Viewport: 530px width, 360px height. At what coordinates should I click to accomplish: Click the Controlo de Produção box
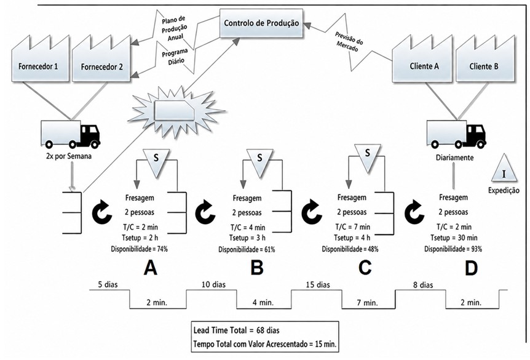pos(261,23)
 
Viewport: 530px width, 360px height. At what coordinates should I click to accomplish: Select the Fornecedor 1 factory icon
pos(40,58)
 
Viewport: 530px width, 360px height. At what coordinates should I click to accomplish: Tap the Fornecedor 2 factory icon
pos(101,58)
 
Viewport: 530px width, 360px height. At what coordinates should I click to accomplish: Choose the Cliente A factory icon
pos(422,58)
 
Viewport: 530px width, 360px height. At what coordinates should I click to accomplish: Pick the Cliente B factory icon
pos(485,58)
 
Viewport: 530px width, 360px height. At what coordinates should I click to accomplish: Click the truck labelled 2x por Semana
pos(71,134)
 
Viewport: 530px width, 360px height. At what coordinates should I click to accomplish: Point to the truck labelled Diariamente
pos(457,134)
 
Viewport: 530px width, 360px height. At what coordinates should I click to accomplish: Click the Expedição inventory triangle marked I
pos(504,168)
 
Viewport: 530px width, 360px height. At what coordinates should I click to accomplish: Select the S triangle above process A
pos(156,162)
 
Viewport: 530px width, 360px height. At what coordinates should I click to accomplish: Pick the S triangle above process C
pos(368,158)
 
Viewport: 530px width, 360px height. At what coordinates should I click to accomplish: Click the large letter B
pos(257,268)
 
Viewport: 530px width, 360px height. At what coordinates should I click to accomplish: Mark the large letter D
pos(471,268)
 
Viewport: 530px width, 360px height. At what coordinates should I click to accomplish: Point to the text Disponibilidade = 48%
pos(350,249)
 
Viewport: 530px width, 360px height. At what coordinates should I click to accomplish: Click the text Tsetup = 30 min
pos(454,238)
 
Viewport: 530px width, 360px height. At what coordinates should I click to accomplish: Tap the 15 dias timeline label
pos(318,284)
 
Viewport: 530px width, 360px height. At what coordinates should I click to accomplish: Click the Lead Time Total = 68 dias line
pos(236,330)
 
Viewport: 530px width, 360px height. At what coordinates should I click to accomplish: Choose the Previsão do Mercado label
pos(349,42)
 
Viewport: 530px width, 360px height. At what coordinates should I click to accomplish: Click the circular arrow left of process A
pos(103,213)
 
